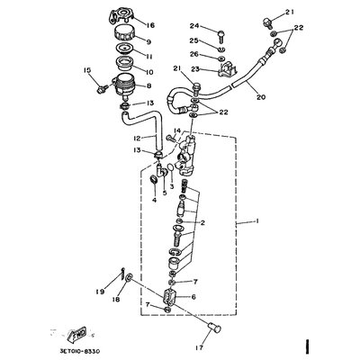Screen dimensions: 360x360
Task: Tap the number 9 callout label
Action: pos(149,42)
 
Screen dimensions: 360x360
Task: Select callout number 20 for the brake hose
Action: pos(262,98)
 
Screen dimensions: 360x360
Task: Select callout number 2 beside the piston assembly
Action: pos(202,223)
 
